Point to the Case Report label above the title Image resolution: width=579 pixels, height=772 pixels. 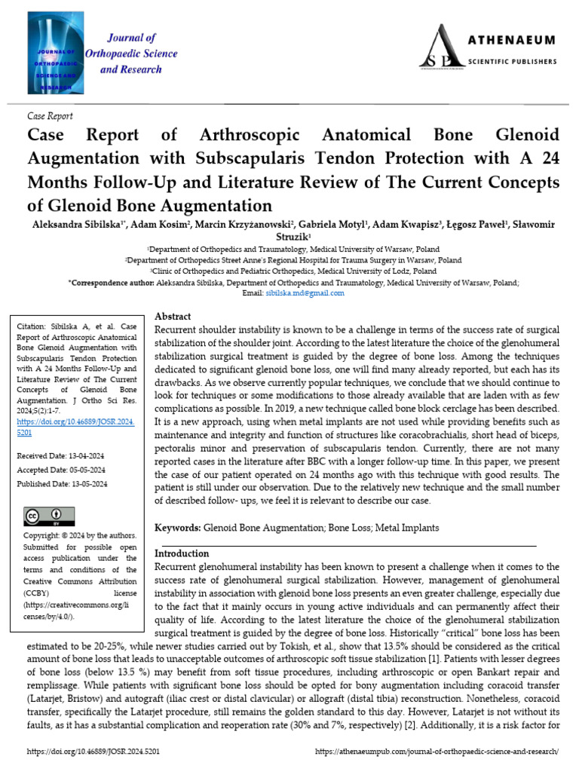(x=50, y=116)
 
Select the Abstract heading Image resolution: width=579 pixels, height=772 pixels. (x=173, y=317)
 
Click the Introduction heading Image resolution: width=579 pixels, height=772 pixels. (x=182, y=553)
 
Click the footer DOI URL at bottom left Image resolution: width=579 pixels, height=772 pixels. (x=93, y=752)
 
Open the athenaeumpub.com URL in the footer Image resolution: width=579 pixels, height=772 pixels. (x=437, y=752)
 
